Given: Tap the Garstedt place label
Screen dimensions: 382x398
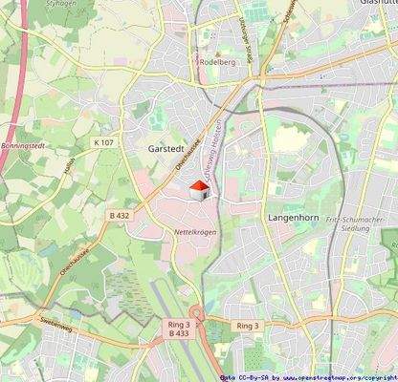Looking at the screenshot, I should pyautogui.click(x=166, y=150).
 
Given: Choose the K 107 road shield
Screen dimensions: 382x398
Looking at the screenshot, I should pyautogui.click(x=103, y=142).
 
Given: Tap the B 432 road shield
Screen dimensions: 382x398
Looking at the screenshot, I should pyautogui.click(x=120, y=217).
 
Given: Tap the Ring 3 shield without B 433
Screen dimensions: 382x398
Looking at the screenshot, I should pyautogui.click(x=247, y=326).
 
